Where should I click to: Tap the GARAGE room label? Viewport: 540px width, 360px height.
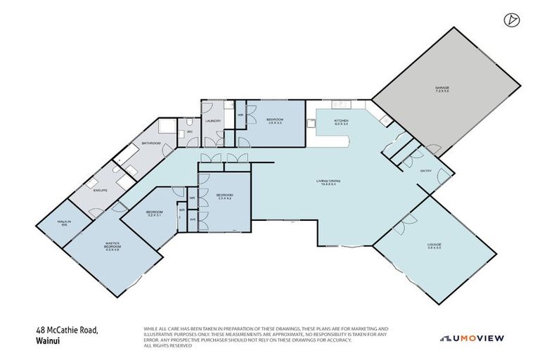point(441,89)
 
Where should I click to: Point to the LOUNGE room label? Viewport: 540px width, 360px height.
point(434,245)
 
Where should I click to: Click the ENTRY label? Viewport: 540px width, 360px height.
point(426,170)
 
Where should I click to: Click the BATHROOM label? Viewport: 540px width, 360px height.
point(151,143)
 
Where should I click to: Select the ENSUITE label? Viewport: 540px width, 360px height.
point(100,189)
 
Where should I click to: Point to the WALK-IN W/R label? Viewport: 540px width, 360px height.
point(64,224)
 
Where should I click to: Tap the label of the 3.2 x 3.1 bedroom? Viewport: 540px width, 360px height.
point(154,212)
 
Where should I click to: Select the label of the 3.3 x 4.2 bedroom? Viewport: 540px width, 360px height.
point(224,196)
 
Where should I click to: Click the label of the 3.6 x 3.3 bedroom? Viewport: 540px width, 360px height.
point(274,121)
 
